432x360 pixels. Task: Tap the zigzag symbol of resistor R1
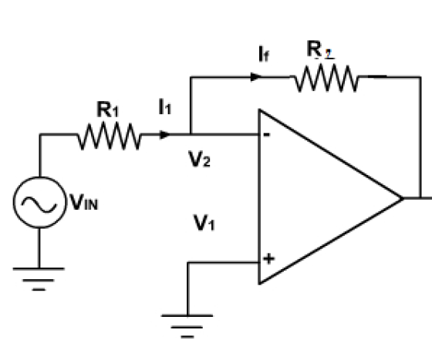tap(109, 139)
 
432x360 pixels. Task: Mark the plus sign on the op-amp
tap(268, 259)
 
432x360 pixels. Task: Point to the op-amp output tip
tap(403, 198)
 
